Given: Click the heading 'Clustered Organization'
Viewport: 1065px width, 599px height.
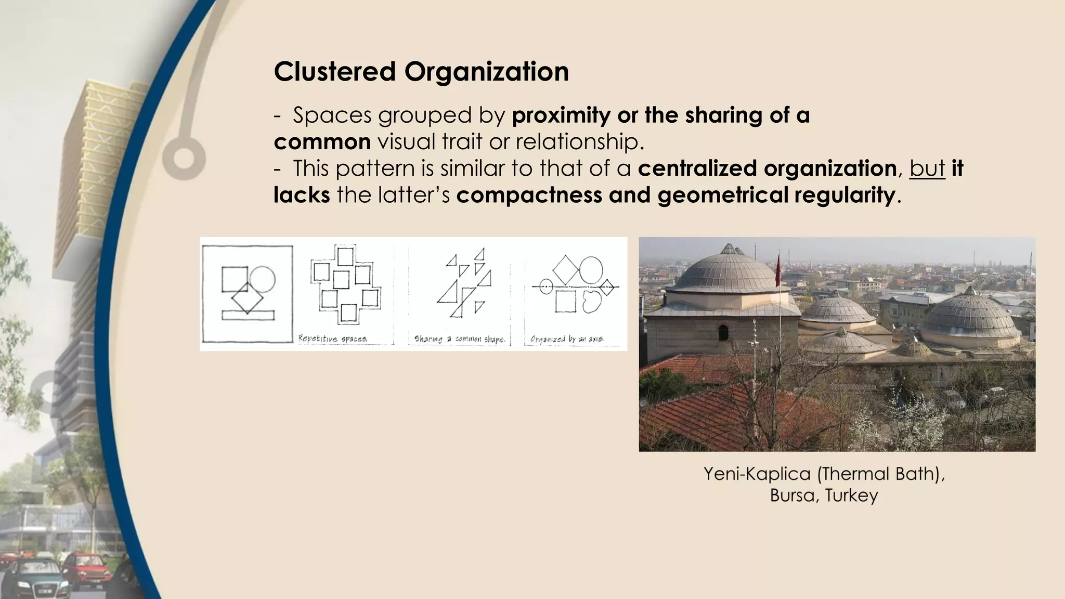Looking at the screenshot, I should [x=421, y=71].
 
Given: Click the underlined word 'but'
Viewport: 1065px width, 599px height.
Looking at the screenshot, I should [x=927, y=168].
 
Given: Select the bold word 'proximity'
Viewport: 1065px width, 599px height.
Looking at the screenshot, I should [x=561, y=115].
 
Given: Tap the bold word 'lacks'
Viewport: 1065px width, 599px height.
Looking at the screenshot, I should [x=301, y=196].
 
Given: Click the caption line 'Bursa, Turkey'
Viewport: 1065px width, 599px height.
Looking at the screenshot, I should [x=824, y=495].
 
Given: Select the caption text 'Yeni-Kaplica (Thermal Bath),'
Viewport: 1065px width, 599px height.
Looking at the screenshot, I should [x=824, y=474].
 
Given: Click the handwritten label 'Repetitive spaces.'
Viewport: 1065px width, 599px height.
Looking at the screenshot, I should [x=333, y=338].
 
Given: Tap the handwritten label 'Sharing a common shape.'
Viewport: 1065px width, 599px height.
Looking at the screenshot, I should [x=459, y=339].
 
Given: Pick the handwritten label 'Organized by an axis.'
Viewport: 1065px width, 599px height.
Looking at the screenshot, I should [x=567, y=339].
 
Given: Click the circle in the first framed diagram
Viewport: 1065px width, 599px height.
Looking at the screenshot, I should [x=262, y=279].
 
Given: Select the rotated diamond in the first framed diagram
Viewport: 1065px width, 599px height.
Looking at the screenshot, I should [x=247, y=298].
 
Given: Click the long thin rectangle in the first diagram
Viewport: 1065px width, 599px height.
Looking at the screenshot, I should [x=248, y=315].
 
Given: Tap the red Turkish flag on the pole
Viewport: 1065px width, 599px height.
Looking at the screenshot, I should [x=778, y=270].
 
